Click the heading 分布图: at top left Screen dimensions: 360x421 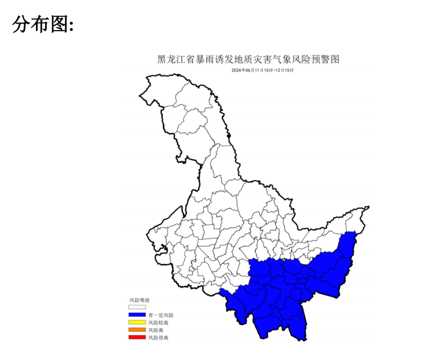tap(42, 24)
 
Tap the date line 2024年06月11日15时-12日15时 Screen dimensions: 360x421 tap(262, 70)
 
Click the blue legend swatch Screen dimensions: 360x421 tap(137, 315)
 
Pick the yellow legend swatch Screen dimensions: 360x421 tap(137, 322)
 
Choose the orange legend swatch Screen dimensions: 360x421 tap(137, 330)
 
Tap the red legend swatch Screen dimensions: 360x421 tap(137, 337)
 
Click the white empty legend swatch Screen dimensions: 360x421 tap(137, 307)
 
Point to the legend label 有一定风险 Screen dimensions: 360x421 tap(160, 315)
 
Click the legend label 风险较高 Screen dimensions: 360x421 tap(158, 322)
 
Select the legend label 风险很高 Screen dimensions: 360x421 tap(158, 337)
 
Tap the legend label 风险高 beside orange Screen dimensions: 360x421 tap(156, 330)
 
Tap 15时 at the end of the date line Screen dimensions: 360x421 tap(289, 70)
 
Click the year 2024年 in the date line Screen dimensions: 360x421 tap(237, 70)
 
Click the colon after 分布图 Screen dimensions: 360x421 tap(71, 27)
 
